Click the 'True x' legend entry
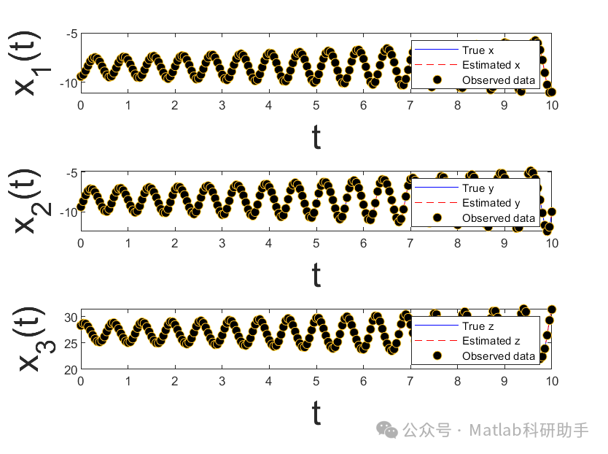coord(478,50)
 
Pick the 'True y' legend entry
coord(478,188)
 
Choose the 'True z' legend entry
coord(478,326)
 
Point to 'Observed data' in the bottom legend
coord(498,355)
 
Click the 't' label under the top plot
coord(316,137)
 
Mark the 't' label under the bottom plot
coord(316,414)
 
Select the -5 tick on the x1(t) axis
coord(71,34)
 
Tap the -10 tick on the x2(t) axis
coord(69,212)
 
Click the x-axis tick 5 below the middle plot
coord(316,243)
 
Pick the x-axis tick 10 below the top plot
coord(553,105)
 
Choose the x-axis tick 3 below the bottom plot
coord(222,381)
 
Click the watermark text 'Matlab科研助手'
coord(529,430)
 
